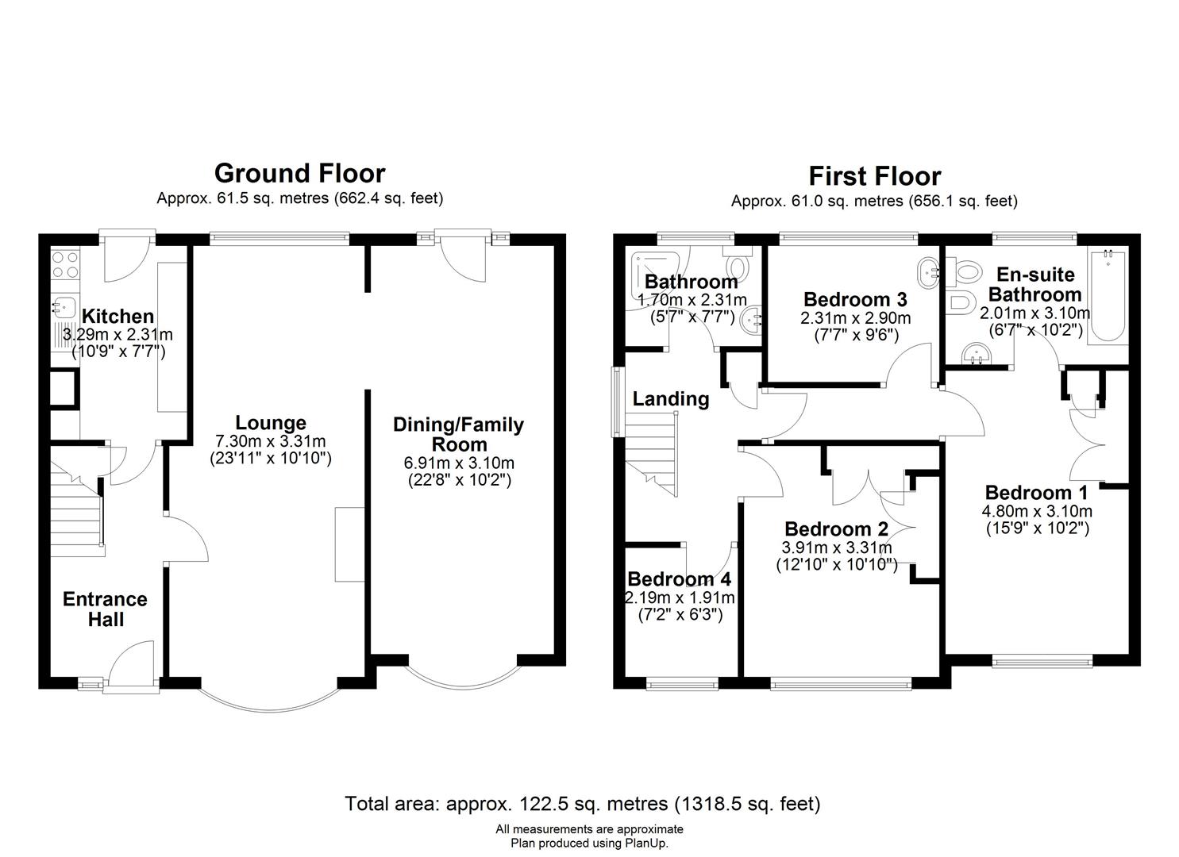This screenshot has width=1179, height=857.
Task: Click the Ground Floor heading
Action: (299, 173)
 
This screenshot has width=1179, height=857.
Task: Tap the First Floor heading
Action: (875, 176)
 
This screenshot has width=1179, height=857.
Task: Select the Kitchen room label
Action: (118, 316)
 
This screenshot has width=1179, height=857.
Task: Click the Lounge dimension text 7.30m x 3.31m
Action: (271, 441)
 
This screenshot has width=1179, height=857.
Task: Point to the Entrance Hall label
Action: (106, 609)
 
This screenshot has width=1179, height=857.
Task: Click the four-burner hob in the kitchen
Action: (65, 264)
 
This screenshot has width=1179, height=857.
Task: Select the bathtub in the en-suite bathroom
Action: (1108, 298)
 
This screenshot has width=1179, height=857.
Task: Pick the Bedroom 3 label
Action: (855, 299)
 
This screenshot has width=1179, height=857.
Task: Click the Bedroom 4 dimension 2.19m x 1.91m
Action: (680, 598)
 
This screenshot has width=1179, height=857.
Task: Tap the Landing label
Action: (671, 399)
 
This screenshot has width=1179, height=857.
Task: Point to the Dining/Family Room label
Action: (458, 434)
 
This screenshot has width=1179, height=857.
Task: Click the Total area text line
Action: (583, 803)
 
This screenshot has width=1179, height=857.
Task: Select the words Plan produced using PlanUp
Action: (589, 844)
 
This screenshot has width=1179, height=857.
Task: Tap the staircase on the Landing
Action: (652, 455)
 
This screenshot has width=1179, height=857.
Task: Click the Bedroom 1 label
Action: (1036, 493)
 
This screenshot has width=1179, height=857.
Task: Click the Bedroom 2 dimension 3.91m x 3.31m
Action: (836, 548)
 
